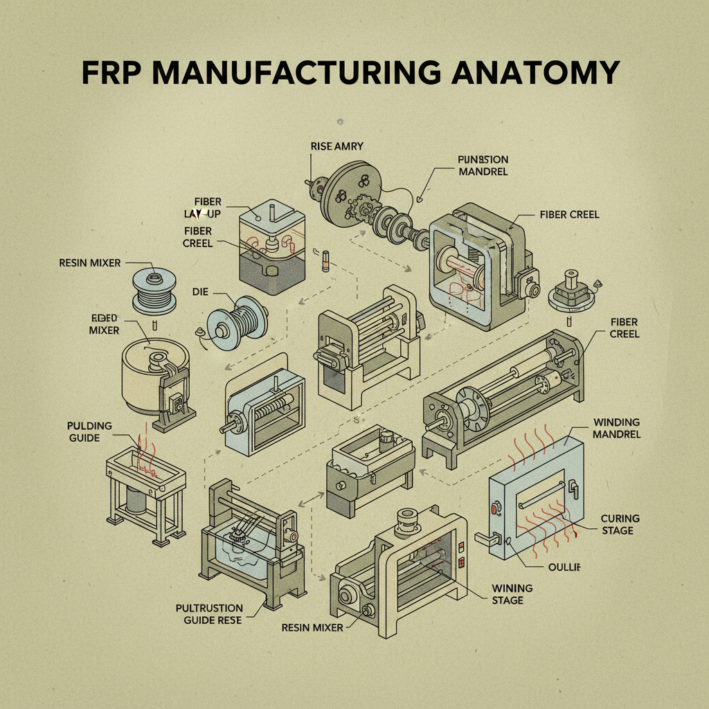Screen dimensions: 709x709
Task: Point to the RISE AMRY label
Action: (338, 145)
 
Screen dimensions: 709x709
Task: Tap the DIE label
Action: (200, 293)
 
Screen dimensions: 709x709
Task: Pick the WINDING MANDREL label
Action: (616, 428)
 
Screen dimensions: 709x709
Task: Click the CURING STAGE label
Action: (620, 524)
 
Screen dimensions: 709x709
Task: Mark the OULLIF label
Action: (563, 566)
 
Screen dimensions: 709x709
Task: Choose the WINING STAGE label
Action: (512, 593)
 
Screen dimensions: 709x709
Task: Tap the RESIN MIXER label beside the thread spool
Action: (90, 263)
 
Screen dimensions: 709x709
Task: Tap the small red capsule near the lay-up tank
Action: (323, 265)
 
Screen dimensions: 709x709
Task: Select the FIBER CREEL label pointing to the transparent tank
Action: (198, 237)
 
